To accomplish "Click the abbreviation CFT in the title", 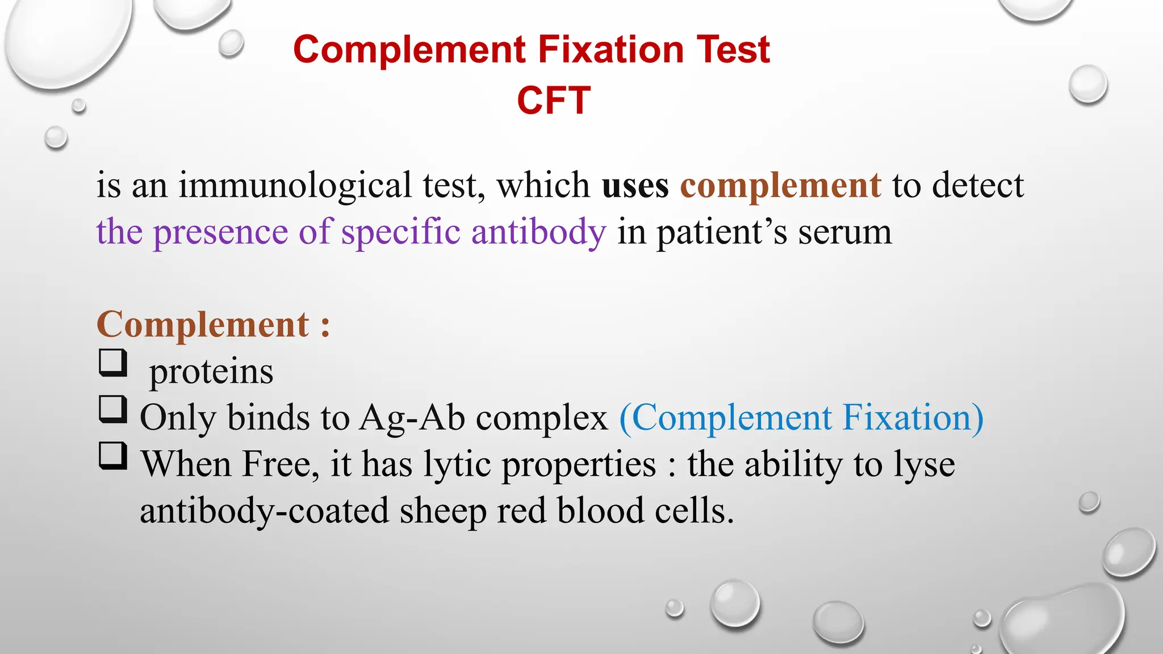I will pos(554,100).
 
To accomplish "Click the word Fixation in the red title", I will pos(610,49).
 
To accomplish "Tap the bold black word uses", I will pos(635,186).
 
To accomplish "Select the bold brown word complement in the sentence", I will pos(780,187).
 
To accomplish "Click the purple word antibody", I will pos(538,233).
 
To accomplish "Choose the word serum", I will pos(844,233).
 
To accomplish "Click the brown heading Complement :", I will pos(213,325).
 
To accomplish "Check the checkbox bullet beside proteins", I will pos(112,362).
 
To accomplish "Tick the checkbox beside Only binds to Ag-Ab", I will pos(112,409).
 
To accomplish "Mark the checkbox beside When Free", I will pos(112,455).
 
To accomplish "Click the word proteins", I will pos(211,372).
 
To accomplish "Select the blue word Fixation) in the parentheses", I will pos(913,418).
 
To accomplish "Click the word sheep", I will pos(443,512).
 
